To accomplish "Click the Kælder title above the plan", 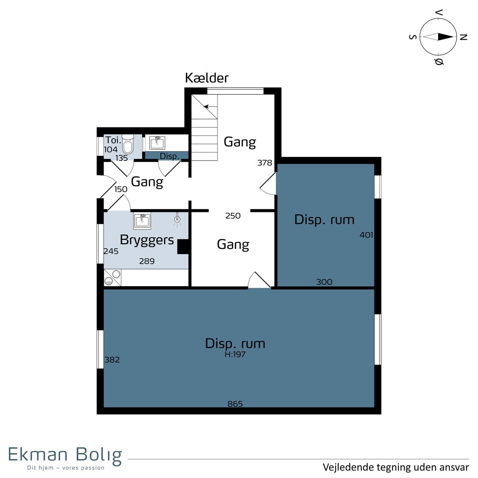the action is point(206,78).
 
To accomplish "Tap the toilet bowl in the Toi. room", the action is point(128,144).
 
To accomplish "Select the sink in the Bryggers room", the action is point(142,221).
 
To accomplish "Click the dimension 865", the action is point(235,404).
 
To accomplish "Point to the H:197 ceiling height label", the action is point(235,354).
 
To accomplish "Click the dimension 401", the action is point(366,235).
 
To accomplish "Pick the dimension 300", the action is point(324,282).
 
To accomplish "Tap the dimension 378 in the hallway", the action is point(264,163).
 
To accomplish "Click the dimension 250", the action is point(233,216).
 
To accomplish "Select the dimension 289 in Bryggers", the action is point(147,261).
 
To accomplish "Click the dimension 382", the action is point(112,360).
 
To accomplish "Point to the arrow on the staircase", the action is point(210,107).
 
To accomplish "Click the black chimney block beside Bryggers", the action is point(183,247).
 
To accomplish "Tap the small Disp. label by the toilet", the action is point(169,156).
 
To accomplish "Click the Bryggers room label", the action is point(147,240).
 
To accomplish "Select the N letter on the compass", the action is point(464,37).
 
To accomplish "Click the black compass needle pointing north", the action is point(445,37).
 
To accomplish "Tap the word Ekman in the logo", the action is point(38,454).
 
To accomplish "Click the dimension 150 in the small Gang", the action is point(121,189).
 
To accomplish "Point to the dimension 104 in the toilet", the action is point(111,149).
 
